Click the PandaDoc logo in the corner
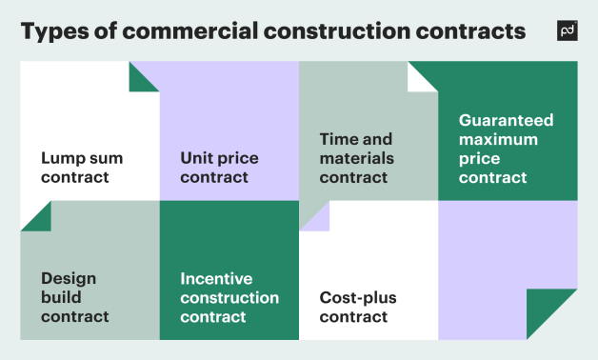[x=567, y=30]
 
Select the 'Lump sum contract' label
[x=82, y=168]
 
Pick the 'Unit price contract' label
[x=219, y=168]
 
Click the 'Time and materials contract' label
[x=356, y=158]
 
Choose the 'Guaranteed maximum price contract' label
[x=506, y=149]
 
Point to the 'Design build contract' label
[x=75, y=297]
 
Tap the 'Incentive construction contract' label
[x=229, y=297]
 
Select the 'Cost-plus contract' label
[x=358, y=307]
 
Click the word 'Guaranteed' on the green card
[x=506, y=120]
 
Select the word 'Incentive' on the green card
[x=216, y=278]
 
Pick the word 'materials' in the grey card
[x=356, y=158]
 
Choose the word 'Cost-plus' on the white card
[x=358, y=297]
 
